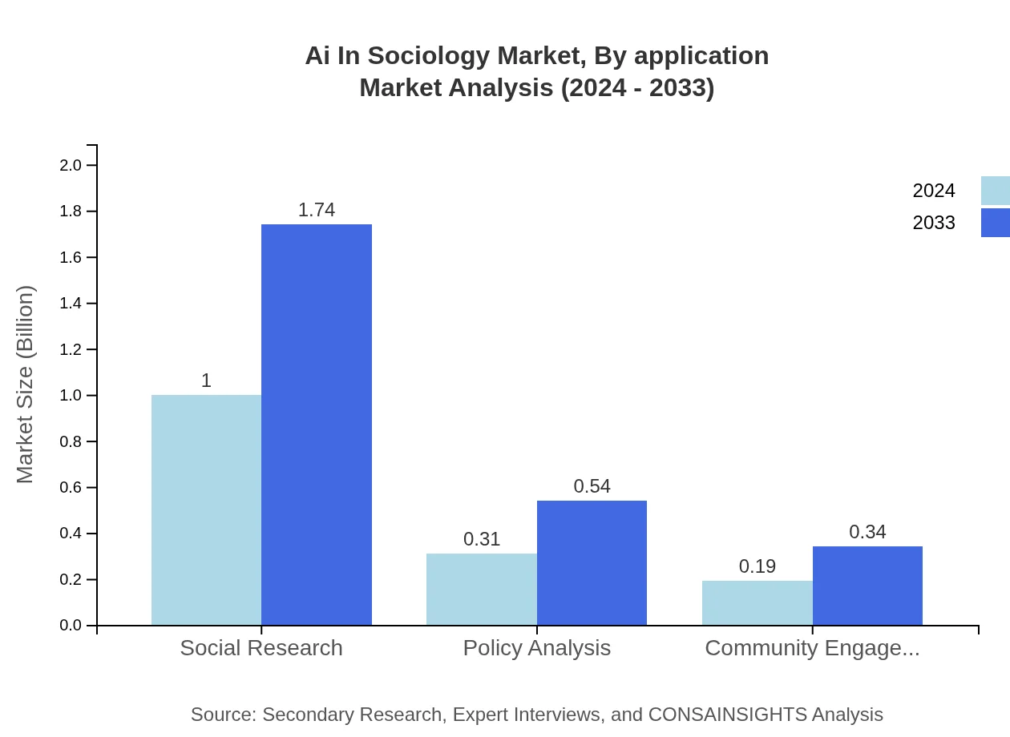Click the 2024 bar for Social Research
point(206,509)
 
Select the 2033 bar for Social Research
point(317,425)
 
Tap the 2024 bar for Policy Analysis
point(482,589)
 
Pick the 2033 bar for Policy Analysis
point(592,562)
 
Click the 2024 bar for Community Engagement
point(757,602)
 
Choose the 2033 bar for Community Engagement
point(867,586)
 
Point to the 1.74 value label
point(317,210)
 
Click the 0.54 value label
point(592,486)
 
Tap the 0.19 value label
point(757,566)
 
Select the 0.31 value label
point(482,539)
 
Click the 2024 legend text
point(934,191)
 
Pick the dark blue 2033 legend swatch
point(996,223)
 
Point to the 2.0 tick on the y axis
point(71,165)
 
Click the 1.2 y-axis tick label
point(71,349)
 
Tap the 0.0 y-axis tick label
point(71,626)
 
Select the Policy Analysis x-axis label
point(537,647)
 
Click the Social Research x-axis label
point(261,647)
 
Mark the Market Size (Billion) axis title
point(26,385)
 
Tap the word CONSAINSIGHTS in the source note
point(727,715)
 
